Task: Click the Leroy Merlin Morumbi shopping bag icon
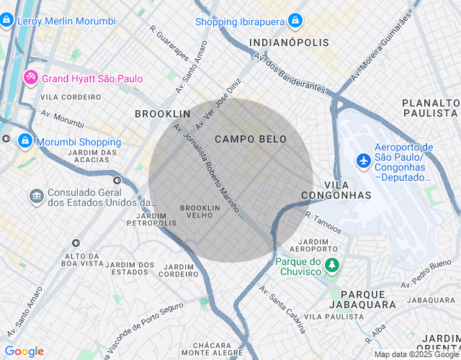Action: click(x=6, y=21)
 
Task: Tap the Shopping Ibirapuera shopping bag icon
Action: click(x=295, y=22)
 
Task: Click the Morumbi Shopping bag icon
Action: click(x=25, y=141)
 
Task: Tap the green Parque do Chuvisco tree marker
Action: click(x=331, y=266)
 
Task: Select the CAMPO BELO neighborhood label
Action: click(x=251, y=139)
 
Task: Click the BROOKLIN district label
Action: click(x=163, y=114)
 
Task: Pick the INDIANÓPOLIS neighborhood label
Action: click(x=289, y=43)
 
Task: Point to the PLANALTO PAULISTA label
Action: click(x=431, y=108)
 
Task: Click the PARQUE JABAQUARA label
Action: click(x=368, y=300)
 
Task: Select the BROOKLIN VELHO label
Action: click(x=194, y=211)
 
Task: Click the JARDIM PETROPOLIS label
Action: click(x=156, y=219)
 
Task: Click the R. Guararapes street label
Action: click(x=169, y=42)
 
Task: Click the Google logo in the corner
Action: click(x=24, y=351)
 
